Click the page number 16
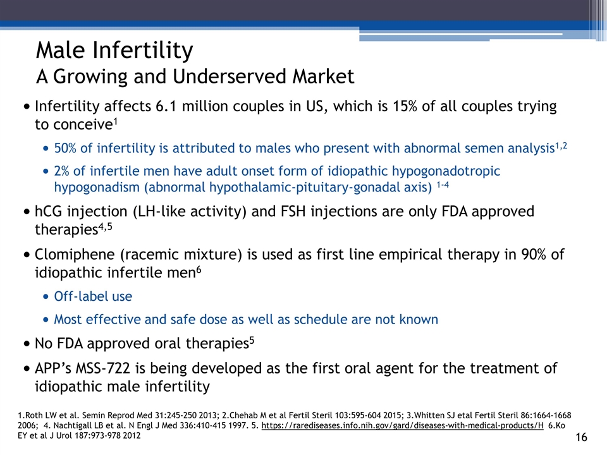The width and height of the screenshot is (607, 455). [582, 437]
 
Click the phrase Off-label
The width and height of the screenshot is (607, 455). [81, 296]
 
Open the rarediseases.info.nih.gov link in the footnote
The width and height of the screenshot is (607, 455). [403, 425]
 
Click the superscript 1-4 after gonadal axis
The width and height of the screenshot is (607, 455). [443, 185]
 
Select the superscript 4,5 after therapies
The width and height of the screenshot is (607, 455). [106, 226]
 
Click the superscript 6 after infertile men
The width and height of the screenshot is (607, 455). [199, 269]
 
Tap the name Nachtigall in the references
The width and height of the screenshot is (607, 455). [71, 425]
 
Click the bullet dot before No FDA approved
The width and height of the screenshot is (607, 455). [27, 344]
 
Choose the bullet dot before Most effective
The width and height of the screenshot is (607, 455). [46, 320]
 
